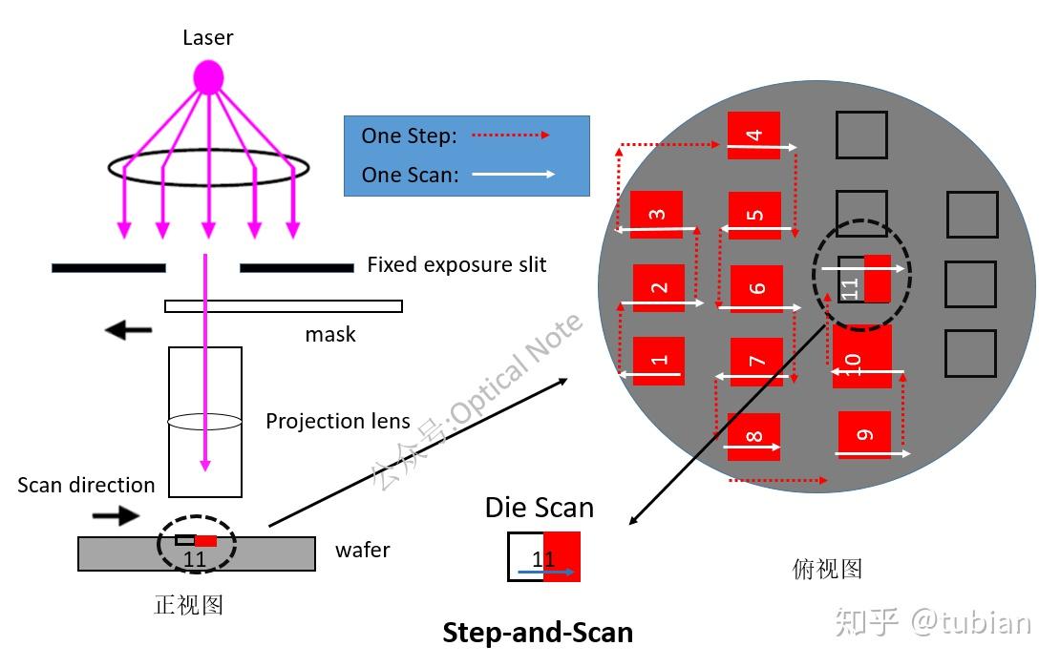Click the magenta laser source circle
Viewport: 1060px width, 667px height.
(x=208, y=77)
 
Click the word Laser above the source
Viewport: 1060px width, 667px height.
(x=208, y=38)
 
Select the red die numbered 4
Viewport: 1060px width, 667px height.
(x=753, y=135)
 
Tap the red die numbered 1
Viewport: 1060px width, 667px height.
(x=658, y=361)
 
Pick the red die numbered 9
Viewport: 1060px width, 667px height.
(x=864, y=435)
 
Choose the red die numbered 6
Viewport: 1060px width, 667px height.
(x=756, y=289)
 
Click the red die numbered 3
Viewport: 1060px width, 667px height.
(x=656, y=215)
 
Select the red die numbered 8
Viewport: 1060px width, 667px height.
(x=753, y=437)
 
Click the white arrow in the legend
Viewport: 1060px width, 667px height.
(x=513, y=175)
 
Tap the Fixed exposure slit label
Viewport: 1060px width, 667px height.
(x=456, y=265)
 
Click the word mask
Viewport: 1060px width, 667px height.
(x=330, y=334)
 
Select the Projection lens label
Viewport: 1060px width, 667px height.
(x=338, y=421)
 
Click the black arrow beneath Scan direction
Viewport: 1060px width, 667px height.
(x=115, y=516)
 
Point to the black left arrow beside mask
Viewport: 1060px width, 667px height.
(x=128, y=331)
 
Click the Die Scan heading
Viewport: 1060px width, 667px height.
(x=539, y=507)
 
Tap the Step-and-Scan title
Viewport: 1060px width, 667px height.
(x=538, y=632)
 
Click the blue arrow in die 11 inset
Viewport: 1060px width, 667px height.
(x=545, y=573)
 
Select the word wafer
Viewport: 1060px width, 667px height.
(x=363, y=550)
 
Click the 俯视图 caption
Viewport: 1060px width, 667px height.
(x=827, y=569)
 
